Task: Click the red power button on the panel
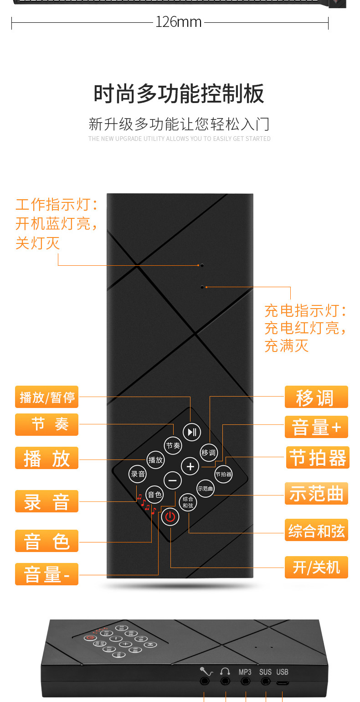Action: [x=170, y=517]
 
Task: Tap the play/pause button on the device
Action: [x=192, y=432]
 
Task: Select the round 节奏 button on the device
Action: [x=173, y=445]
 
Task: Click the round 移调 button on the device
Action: [x=208, y=453]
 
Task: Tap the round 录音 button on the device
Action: [x=138, y=474]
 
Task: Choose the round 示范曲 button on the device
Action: [x=206, y=489]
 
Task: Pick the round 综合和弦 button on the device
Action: [x=188, y=502]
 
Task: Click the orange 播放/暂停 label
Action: [x=47, y=397]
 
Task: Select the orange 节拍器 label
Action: [x=318, y=458]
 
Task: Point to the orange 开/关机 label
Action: [x=316, y=568]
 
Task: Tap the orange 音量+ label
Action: [x=316, y=428]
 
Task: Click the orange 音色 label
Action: [x=47, y=541]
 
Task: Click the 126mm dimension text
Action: [x=179, y=22]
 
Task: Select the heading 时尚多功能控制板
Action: [x=179, y=94]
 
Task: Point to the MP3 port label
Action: [x=245, y=672]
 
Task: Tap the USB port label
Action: [x=282, y=672]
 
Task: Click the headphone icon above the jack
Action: [x=225, y=671]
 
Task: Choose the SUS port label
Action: [x=265, y=672]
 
